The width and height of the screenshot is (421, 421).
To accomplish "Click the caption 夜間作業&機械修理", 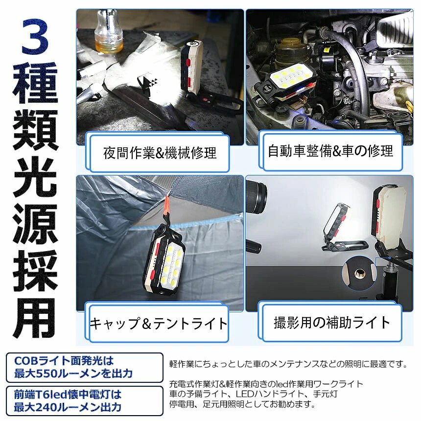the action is coord(160,153).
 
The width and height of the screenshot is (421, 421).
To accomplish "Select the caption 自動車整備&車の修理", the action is coord(330,151).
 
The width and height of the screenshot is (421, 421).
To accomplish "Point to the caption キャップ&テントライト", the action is coord(159,323).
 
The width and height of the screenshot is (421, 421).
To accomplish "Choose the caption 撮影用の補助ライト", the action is coord(331,322).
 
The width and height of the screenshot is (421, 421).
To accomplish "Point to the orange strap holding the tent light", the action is coord(167,206).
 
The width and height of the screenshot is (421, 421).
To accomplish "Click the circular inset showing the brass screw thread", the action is coord(359,273).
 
